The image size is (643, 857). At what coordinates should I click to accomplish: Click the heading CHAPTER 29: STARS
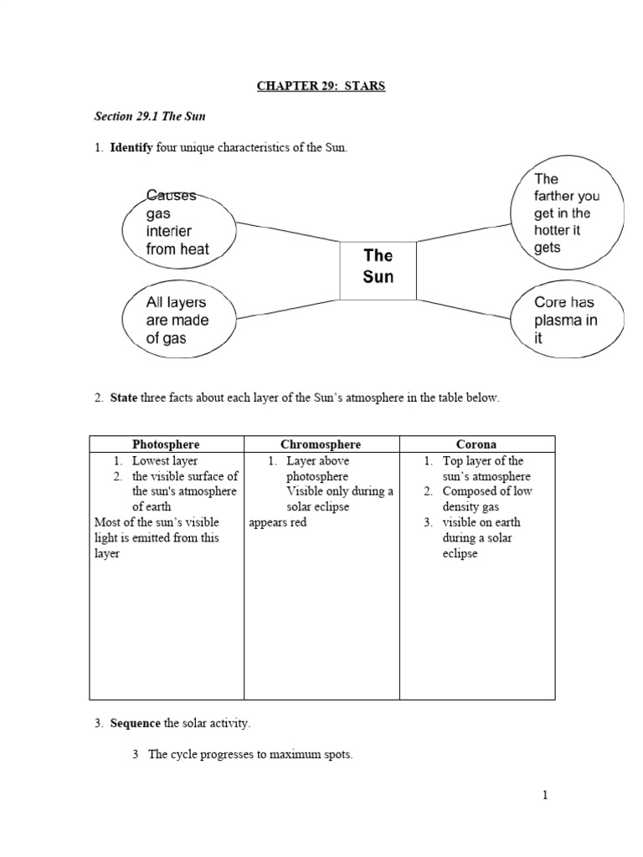click(x=321, y=85)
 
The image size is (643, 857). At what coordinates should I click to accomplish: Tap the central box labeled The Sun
click(x=378, y=266)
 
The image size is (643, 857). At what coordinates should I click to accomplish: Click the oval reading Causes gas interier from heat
click(x=177, y=223)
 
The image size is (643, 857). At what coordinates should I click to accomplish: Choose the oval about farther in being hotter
click(x=567, y=213)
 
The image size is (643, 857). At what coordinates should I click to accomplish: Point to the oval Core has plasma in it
click(x=566, y=321)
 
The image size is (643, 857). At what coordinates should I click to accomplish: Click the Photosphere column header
click(x=166, y=444)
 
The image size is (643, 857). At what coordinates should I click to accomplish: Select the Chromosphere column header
click(x=321, y=444)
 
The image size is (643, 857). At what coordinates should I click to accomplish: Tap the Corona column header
click(x=476, y=444)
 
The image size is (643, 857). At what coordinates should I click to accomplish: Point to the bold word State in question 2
click(x=124, y=398)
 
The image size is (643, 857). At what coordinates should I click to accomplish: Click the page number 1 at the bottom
click(x=545, y=795)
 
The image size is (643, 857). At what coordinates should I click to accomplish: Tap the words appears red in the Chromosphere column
click(x=278, y=522)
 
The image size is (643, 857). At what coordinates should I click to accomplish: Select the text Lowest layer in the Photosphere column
click(x=165, y=460)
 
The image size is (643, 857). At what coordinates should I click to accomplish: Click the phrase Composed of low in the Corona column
click(x=486, y=491)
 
